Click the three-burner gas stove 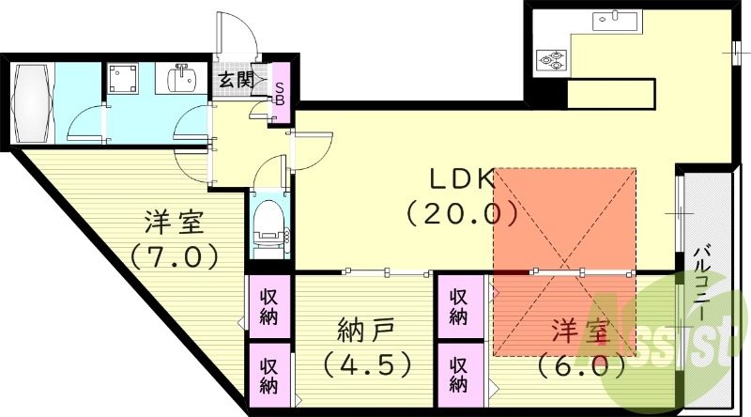click(x=552, y=60)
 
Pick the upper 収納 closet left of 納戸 click(x=269, y=306)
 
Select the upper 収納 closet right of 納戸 click(x=458, y=306)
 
